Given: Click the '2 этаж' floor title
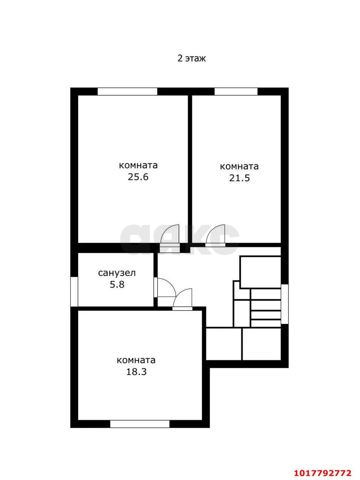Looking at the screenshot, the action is (192, 58).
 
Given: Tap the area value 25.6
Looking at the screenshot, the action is (138, 177).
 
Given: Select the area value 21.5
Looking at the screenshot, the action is (239, 178).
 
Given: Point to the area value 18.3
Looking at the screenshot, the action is (136, 372).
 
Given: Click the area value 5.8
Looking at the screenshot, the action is (117, 285).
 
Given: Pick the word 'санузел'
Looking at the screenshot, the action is (117, 273).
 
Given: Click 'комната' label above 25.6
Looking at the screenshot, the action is (138, 165).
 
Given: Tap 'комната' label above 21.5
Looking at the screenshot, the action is (239, 166).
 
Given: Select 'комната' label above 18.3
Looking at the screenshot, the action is (136, 360).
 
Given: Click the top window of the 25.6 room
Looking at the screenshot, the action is (127, 91).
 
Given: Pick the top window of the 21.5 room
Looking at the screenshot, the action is (236, 91).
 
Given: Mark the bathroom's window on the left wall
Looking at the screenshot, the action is (74, 291).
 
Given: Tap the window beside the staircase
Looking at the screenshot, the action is (285, 304).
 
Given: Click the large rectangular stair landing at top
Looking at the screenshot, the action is (260, 272).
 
